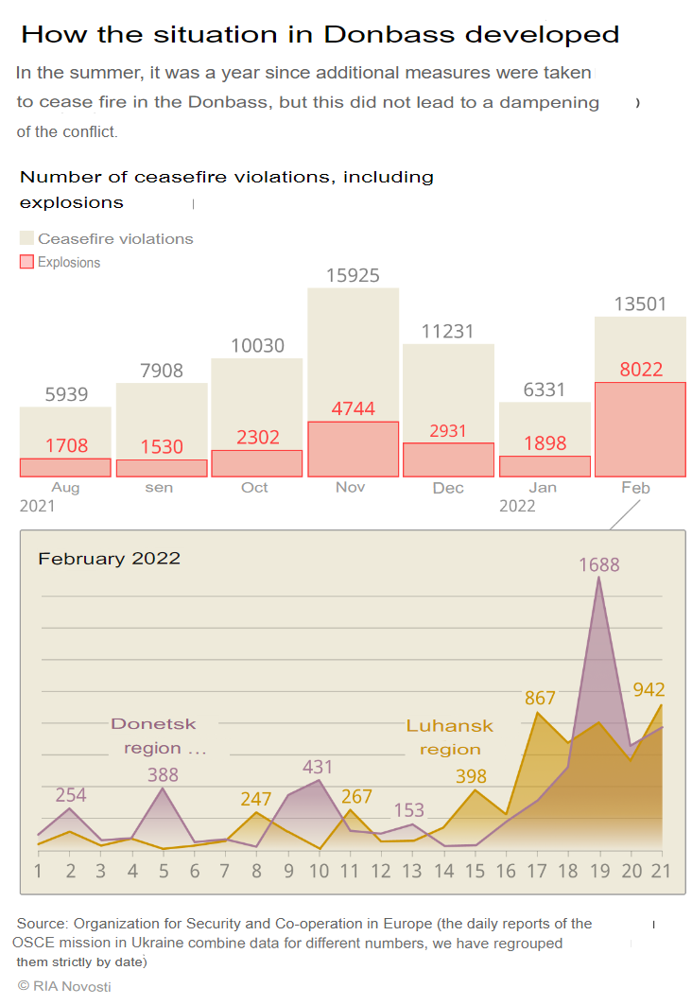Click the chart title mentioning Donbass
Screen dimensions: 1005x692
point(320,35)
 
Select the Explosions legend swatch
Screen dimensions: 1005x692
point(26,262)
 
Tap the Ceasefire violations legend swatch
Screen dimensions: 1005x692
point(26,238)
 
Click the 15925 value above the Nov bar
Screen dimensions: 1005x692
point(353,276)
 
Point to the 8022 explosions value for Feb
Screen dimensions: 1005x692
point(641,370)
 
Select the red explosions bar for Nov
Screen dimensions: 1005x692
point(353,449)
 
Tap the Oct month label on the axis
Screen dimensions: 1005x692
point(254,488)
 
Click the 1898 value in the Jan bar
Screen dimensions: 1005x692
point(545,444)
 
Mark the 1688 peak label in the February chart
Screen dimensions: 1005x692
point(599,564)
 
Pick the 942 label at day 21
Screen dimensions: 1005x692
point(649,690)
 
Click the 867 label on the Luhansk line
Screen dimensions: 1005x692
point(540,699)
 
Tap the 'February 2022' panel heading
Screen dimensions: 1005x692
point(109,559)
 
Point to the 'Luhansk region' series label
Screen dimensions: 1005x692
point(450,737)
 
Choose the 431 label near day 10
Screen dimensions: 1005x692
point(319,768)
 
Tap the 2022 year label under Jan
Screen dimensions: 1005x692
point(517,506)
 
